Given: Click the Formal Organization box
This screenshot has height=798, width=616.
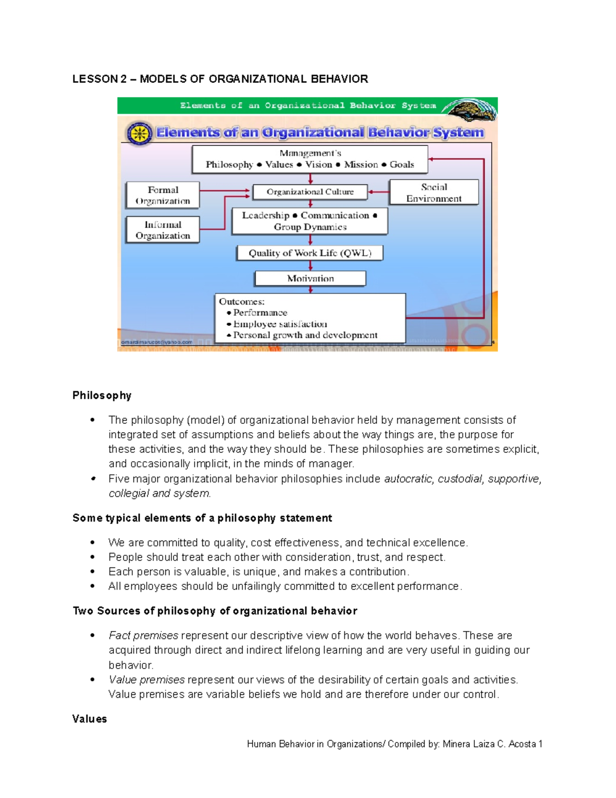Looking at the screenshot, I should tap(163, 195).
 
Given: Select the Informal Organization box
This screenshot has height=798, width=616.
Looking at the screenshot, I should tap(163, 230).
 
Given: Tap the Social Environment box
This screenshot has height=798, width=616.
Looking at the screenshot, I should tap(434, 193).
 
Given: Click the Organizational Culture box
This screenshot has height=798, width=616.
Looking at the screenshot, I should tap(310, 192).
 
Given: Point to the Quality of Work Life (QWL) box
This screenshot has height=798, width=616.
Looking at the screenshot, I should tap(310, 253).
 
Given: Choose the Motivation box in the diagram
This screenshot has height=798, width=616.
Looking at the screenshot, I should tap(310, 279).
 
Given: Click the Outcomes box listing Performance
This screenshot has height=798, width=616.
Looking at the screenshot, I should tap(310, 318).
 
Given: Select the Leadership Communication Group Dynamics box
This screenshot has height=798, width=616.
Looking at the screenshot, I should tap(310, 221).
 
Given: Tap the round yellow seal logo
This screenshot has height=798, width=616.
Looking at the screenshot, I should tap(139, 134).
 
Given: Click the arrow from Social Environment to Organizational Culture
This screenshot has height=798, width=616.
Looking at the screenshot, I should tap(379, 192).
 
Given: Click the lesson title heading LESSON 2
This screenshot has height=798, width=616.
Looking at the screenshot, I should tap(220, 79).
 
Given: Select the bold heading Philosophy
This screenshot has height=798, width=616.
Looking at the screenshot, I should tap(102, 395).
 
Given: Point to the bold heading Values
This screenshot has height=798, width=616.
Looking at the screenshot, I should tap(89, 719).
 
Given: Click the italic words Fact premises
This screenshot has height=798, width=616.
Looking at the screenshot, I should tap(143, 636).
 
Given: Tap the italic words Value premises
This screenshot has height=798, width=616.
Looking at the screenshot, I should tap(146, 680).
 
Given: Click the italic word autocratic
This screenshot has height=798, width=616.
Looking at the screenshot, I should tap(409, 479).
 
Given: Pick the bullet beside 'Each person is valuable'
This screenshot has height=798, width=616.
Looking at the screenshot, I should tap(92, 572).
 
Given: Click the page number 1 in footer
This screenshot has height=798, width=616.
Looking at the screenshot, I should tap(540, 744).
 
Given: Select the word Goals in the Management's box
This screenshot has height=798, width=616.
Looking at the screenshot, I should tap(401, 164).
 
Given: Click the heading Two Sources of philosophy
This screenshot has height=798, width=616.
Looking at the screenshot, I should tap(215, 611).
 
